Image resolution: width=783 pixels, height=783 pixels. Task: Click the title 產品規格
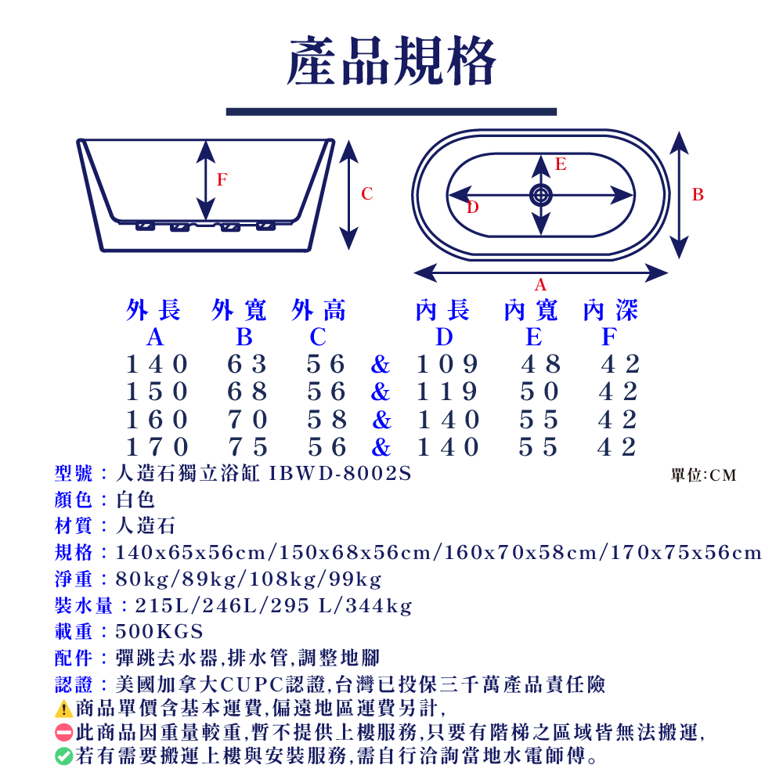coord(391,61)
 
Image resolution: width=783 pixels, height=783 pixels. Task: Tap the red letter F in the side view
coord(222,179)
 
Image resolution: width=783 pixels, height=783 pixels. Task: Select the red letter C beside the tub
coord(367,194)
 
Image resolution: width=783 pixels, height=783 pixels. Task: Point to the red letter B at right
coord(698,194)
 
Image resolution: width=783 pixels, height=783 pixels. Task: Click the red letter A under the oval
coord(540,285)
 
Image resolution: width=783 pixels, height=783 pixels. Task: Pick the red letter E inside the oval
coord(561,164)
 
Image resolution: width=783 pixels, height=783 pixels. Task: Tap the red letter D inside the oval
coord(472,207)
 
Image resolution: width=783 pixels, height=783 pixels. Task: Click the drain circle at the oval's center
coord(540,195)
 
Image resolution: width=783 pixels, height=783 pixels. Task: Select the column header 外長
coord(154,311)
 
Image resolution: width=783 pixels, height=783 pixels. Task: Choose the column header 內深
coord(611,311)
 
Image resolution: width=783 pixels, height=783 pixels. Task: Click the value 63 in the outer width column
coord(247,364)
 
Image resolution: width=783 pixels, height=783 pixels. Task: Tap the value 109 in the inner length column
coord(447,364)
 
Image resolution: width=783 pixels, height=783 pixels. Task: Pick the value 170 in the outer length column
coord(157,447)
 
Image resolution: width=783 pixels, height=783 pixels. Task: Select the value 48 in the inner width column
coord(541,364)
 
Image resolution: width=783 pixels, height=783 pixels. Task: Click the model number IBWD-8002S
coord(340,474)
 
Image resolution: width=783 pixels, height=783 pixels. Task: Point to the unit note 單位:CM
coord(704,475)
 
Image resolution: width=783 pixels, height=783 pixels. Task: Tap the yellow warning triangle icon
coord(64,709)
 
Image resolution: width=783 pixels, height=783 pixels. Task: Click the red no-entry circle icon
coord(64,733)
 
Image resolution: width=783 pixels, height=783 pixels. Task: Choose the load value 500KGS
coord(159,631)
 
